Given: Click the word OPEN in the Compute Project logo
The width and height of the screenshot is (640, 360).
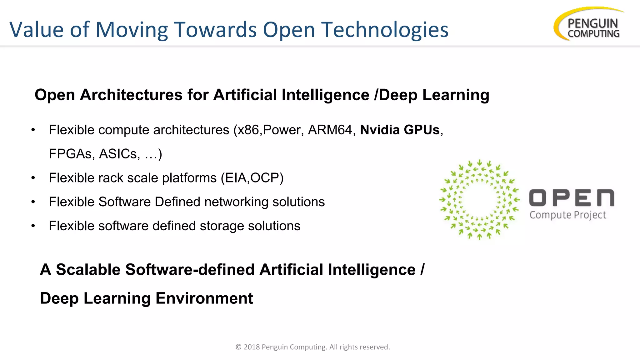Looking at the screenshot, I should [572, 198].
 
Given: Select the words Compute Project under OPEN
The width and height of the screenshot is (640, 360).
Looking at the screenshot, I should [568, 215].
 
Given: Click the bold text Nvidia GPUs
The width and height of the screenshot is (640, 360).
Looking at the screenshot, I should [400, 130].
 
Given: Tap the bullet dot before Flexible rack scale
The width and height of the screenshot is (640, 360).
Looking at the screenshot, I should [33, 178].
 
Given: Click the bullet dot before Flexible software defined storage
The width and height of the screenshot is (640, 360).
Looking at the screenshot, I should [33, 226].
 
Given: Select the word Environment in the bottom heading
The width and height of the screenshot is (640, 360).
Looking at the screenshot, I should [204, 298].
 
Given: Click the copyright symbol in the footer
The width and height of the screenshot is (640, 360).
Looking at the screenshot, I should [238, 347].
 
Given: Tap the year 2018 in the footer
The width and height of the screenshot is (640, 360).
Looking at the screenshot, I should [252, 347].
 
